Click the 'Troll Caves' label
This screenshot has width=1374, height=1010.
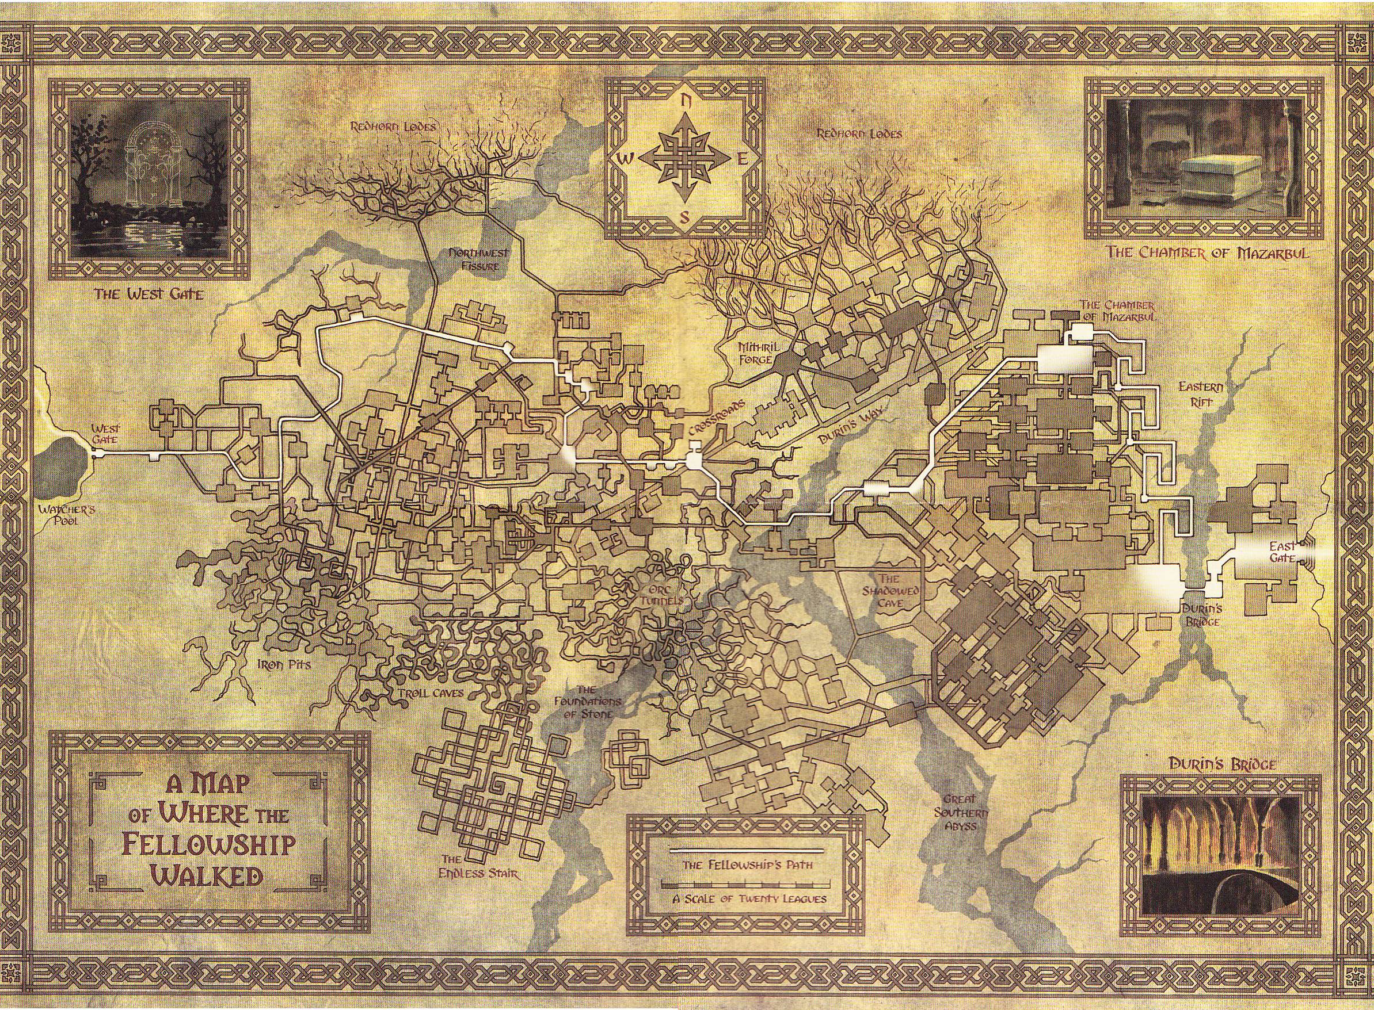(x=431, y=693)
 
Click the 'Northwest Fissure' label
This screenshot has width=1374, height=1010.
(x=474, y=259)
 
